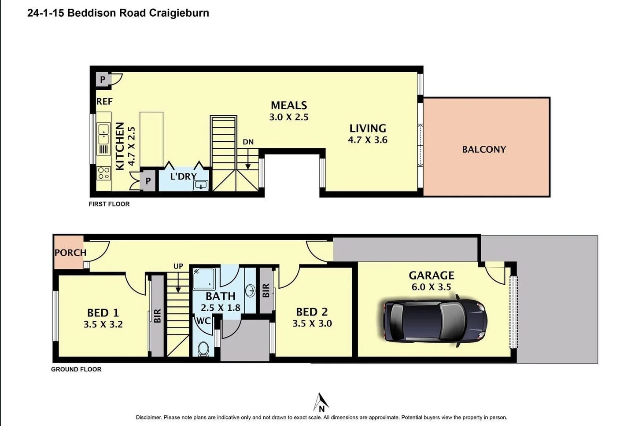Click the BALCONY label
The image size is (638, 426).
pyautogui.click(x=484, y=150)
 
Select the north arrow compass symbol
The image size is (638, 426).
pyautogui.click(x=321, y=402)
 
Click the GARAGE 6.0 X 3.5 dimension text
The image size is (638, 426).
pyautogui.click(x=431, y=287)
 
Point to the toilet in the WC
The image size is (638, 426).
pyautogui.click(x=203, y=349)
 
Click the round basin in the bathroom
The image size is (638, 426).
pyautogui.click(x=251, y=290)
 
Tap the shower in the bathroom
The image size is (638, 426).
pyautogui.click(x=204, y=279)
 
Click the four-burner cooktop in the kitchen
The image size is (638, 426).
pyautogui.click(x=103, y=173)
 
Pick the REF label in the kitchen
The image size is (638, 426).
pyautogui.click(x=104, y=101)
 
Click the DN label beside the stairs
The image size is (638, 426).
pyautogui.click(x=248, y=142)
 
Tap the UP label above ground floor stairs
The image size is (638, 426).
pyautogui.click(x=178, y=266)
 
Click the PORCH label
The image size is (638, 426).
pyautogui.click(x=70, y=253)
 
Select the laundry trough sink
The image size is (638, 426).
pyautogui.click(x=201, y=185)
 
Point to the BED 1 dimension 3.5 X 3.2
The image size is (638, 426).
pyautogui.click(x=103, y=324)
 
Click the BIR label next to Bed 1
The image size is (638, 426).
pyautogui.click(x=157, y=316)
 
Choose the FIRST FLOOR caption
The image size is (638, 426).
pyautogui.click(x=109, y=204)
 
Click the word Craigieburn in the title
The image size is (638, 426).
pyautogui.click(x=179, y=13)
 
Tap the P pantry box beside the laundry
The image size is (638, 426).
pyautogui.click(x=148, y=181)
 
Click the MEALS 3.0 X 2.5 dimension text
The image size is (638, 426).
pyautogui.click(x=289, y=117)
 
